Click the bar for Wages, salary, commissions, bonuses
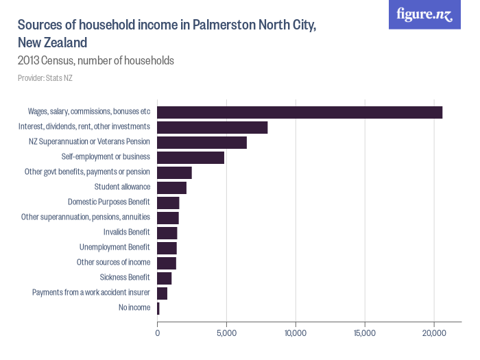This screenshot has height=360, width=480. (x=300, y=112)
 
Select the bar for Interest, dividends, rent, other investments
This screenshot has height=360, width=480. (x=213, y=128)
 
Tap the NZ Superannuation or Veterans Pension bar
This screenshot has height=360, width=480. (x=202, y=143)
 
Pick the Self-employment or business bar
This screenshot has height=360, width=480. (x=191, y=158)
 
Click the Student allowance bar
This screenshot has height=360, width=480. (x=172, y=188)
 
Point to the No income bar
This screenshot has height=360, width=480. (x=158, y=309)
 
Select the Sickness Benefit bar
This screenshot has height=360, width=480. (x=165, y=278)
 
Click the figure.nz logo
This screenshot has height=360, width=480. (x=424, y=15)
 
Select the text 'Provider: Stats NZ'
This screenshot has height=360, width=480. (x=45, y=78)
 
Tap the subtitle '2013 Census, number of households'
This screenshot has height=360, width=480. (x=95, y=61)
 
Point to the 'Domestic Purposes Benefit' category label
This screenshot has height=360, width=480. (x=108, y=202)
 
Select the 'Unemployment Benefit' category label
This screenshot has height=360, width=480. (x=115, y=248)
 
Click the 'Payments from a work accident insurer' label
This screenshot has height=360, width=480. (x=91, y=293)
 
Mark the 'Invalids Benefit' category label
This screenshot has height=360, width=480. (x=126, y=232)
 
